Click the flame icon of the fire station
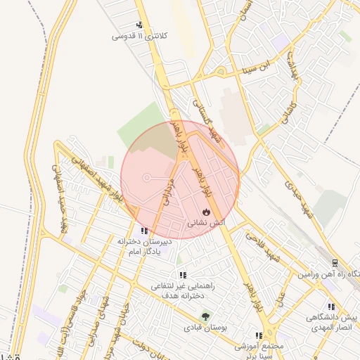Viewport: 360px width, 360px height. point(205,211)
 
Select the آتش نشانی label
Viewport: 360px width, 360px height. point(205,222)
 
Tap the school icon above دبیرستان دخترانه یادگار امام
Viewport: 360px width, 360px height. point(144,230)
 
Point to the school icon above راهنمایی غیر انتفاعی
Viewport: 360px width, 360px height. point(183,275)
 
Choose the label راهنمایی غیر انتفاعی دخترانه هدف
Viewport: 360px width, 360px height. point(182,291)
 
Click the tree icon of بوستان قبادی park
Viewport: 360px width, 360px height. point(205,316)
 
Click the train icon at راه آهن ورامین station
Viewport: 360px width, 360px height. point(335,262)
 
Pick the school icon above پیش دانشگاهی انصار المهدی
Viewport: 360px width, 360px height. point(330,307)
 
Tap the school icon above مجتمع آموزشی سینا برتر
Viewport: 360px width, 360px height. point(259,335)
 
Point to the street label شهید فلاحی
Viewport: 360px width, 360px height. point(263,247)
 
